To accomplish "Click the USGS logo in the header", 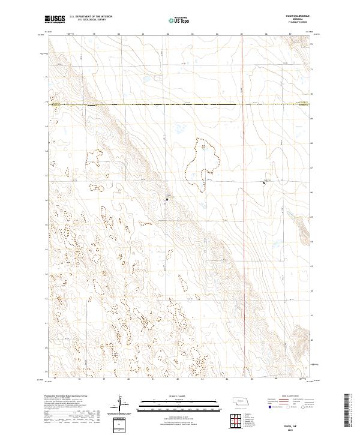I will (x=55, y=19).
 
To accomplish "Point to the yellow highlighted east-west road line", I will (x=180, y=104).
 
